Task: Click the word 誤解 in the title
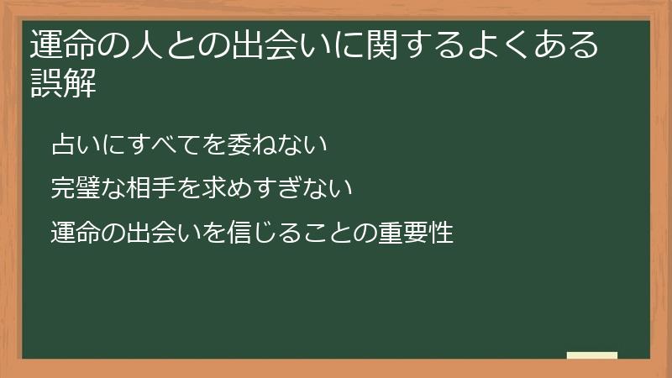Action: [64, 84]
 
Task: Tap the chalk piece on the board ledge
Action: [592, 355]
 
